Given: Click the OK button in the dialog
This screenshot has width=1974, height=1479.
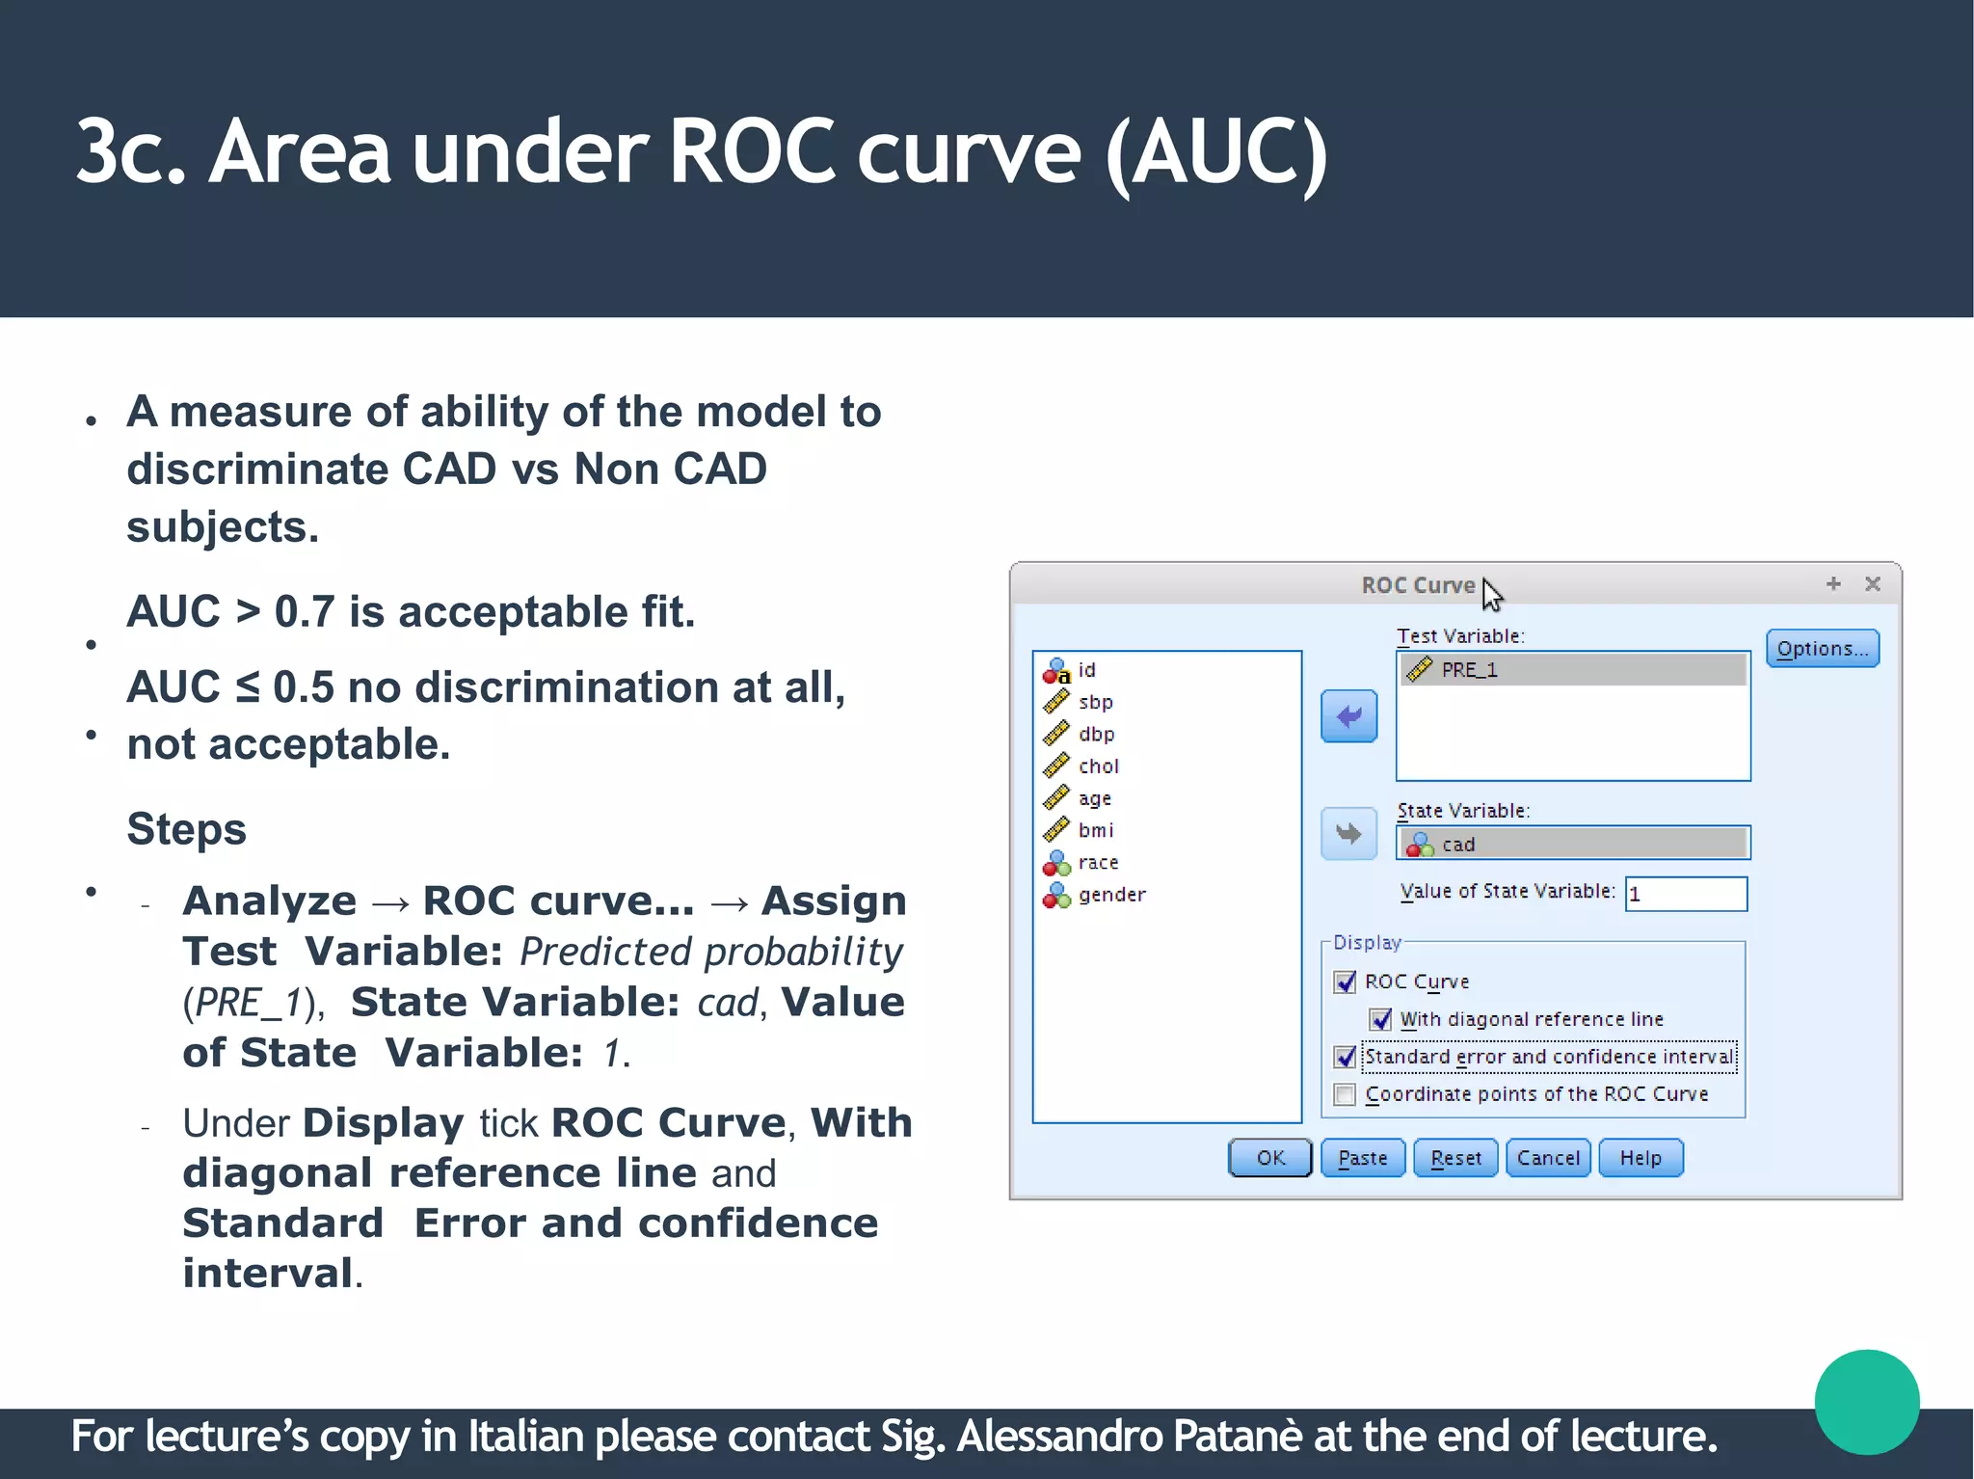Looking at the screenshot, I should point(1269,1158).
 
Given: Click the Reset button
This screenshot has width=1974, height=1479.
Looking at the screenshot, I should point(1454,1158).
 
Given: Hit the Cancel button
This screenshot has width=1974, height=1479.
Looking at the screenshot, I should point(1547,1158).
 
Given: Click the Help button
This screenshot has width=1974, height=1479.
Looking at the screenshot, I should point(1640,1158).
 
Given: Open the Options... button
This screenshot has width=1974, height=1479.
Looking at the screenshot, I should point(1822,649).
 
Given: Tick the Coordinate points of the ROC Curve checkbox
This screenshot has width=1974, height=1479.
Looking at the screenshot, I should point(1345,1094).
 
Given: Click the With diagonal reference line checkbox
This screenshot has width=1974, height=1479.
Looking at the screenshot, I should point(1380,1019).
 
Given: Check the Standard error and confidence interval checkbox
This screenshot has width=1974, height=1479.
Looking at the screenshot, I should point(1345,1057).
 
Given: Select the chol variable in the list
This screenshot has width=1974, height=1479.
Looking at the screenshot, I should point(1098,766).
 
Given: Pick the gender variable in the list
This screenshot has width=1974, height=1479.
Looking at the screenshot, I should point(1111,895).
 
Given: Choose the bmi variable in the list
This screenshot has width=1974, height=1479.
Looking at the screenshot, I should point(1096,830).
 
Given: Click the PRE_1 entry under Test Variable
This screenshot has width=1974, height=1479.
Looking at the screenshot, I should point(1469,670).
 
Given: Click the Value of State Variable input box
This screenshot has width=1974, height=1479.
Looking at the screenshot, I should point(1686,894).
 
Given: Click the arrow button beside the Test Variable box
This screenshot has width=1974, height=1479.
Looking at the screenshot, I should point(1348,716).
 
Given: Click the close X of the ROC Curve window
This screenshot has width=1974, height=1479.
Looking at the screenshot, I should point(1872,584).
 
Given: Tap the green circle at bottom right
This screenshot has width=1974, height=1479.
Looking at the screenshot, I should point(1866,1401).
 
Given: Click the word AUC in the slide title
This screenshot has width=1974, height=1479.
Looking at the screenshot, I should point(1215,152).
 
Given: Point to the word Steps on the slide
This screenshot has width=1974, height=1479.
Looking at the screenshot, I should point(186,829).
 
